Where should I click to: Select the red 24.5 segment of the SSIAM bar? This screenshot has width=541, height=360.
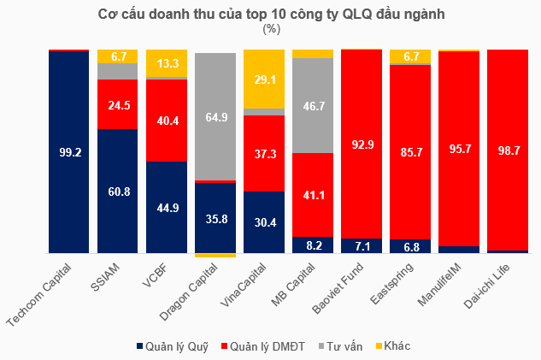pyautogui.click(x=117, y=104)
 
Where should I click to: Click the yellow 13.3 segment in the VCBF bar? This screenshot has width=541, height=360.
pyautogui.click(x=167, y=63)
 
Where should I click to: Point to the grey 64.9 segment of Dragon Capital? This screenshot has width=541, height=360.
pyautogui.click(x=215, y=116)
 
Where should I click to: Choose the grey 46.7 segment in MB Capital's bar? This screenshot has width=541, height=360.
pyautogui.click(x=313, y=105)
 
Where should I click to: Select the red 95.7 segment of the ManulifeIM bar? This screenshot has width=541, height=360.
pyautogui.click(x=459, y=148)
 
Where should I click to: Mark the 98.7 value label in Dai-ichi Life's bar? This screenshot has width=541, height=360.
pyautogui.click(x=508, y=150)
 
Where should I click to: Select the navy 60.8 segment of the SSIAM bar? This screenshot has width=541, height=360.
pyautogui.click(x=117, y=191)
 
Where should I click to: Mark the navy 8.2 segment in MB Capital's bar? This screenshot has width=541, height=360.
pyautogui.click(x=313, y=245)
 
